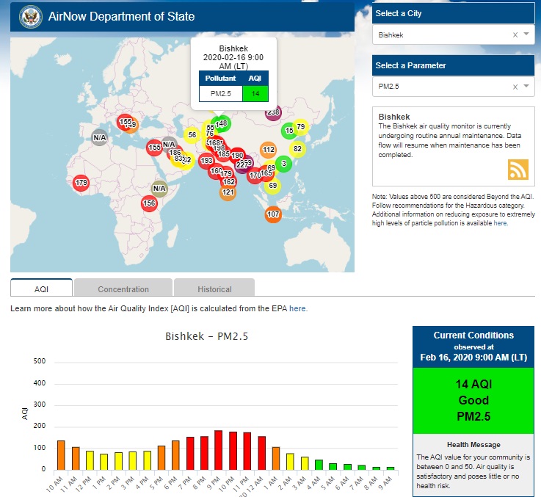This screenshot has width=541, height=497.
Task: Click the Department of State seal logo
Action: click(30, 16)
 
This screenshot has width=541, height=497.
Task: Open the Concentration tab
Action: click(123, 289)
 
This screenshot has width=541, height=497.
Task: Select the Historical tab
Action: click(214, 289)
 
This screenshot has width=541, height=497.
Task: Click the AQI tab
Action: click(42, 289)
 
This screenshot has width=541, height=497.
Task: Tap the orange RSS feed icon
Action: click(518, 169)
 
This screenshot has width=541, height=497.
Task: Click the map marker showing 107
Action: click(273, 214)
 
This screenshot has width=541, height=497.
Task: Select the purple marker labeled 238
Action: click(273, 112)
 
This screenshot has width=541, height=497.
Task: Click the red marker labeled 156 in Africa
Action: click(150, 203)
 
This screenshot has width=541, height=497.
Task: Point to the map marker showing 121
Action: click(228, 192)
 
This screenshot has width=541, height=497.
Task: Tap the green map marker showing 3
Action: click(283, 164)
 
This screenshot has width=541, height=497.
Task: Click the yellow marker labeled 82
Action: click(297, 149)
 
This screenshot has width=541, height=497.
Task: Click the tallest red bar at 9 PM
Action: click(218, 449)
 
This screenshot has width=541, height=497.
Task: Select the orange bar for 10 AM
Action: click(61, 454)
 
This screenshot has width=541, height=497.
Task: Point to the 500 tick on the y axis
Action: click(40, 361)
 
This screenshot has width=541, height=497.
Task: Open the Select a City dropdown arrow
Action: click(527, 35)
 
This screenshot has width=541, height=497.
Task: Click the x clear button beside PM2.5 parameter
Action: click(515, 87)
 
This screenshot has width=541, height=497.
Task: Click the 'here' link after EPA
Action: click(298, 309)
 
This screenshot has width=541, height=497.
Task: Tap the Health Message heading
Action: click(473, 445)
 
